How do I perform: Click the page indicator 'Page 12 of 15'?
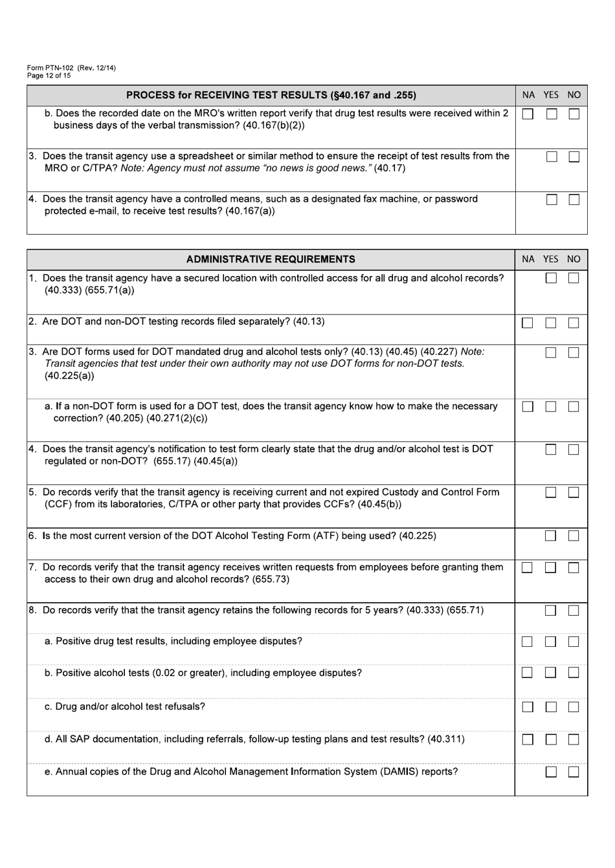(x=49, y=76)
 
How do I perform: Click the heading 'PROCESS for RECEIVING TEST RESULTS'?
(x=271, y=95)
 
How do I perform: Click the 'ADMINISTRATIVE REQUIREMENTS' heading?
(x=271, y=259)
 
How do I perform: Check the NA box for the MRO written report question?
(x=528, y=114)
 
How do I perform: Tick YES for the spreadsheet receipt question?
(x=551, y=157)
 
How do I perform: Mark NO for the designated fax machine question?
(x=574, y=200)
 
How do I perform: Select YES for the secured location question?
(x=551, y=278)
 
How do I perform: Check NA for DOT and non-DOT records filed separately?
(x=528, y=323)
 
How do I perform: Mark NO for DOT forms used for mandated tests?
(x=574, y=353)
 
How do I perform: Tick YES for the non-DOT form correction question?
(x=551, y=407)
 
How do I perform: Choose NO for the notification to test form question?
(x=574, y=450)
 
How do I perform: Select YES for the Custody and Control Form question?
(x=551, y=493)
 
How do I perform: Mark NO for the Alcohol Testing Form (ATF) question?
(x=574, y=536)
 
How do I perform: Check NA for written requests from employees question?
(x=528, y=568)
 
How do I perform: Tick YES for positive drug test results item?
(x=551, y=642)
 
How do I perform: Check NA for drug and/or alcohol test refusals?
(x=528, y=708)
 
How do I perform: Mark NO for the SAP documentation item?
(x=574, y=739)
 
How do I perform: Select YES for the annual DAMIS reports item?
(x=551, y=772)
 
